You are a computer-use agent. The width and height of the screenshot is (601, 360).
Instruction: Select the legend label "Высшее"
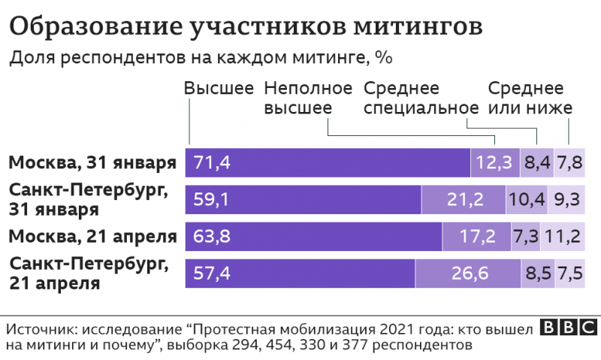tap(219, 88)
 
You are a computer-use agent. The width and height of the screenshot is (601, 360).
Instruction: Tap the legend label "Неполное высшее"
tap(308, 98)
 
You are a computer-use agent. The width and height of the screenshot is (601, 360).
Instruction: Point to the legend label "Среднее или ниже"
tap(530, 98)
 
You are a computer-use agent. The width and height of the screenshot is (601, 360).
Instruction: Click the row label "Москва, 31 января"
tap(92, 162)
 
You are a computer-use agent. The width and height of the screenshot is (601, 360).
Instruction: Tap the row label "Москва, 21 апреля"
tap(92, 237)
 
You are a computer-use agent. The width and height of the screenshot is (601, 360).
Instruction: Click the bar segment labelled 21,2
tap(464, 199)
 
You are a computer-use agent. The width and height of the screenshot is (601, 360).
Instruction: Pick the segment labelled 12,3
tap(494, 162)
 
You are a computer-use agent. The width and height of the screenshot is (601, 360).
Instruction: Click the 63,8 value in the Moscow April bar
tap(212, 237)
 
